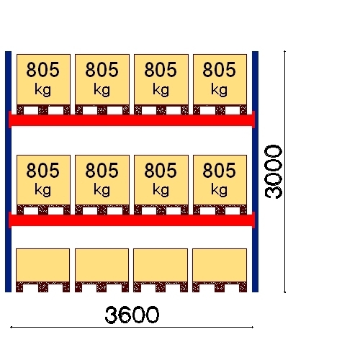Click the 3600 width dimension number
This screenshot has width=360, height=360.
tap(132, 315)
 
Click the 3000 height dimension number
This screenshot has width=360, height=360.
tap(273, 171)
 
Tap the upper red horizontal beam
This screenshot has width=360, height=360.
tap(132, 120)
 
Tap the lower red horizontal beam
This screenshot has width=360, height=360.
tap(132, 220)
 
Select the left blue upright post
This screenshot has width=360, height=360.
tap(8, 171)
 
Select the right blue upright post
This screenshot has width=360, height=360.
tap(255, 171)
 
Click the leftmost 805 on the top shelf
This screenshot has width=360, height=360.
tap(42, 70)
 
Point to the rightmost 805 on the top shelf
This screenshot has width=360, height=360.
tap(219, 70)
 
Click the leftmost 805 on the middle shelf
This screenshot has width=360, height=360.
tap(42, 170)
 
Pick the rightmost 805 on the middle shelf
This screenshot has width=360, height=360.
tap(219, 170)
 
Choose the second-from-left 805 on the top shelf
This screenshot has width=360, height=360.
tap(102, 70)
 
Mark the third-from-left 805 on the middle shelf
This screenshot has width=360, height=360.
tap(161, 170)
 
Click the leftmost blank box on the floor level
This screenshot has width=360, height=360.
tap(42, 265)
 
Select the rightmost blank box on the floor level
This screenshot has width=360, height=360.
tap(220, 265)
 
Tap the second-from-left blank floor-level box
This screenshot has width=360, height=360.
tap(102, 265)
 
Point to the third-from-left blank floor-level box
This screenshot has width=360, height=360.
tap(161, 265)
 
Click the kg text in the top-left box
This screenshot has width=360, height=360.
tap(42, 90)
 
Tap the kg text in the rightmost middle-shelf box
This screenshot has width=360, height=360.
tap(219, 190)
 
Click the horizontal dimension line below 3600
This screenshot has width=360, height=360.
tap(132, 327)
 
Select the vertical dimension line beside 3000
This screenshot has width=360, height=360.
tap(284, 171)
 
